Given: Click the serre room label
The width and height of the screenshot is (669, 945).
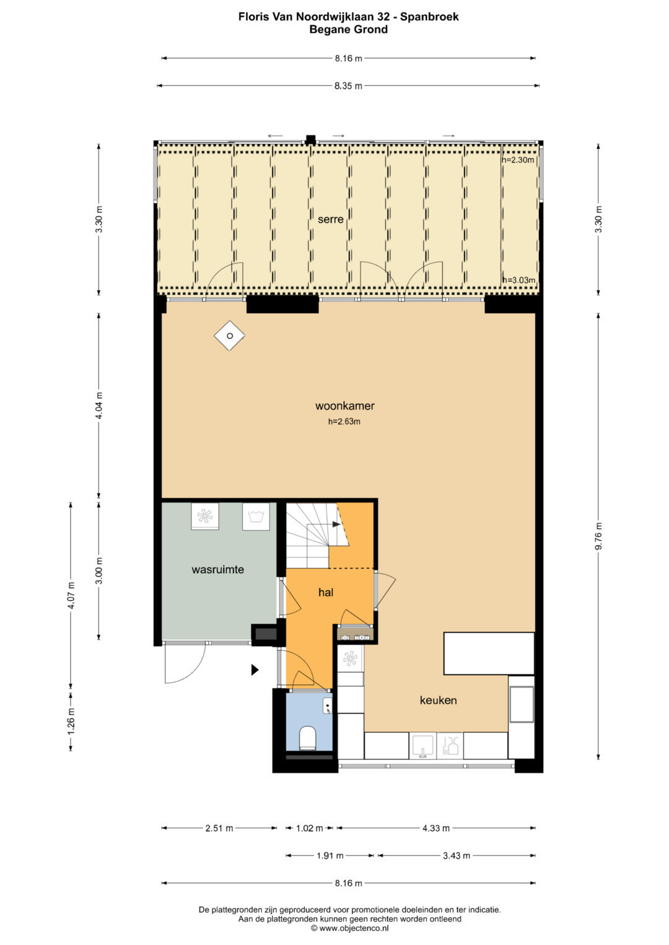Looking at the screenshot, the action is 330,219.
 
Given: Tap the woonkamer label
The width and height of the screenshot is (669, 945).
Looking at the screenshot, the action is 344,406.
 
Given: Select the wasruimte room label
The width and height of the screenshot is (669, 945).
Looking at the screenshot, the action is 217,569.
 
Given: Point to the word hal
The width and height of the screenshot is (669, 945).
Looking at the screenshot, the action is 326,592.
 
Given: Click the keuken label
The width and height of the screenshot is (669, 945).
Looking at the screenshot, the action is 438,701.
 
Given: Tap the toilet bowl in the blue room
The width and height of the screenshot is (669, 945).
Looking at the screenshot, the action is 307,738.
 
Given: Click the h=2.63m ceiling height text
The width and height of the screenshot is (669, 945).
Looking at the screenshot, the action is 344,421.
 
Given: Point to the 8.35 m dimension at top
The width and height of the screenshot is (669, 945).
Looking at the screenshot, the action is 348,86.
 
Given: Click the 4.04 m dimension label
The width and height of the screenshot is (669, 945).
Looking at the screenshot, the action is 99,405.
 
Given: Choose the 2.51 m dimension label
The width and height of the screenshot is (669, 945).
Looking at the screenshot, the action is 219,828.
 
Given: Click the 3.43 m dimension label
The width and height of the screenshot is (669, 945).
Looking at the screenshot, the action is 456,855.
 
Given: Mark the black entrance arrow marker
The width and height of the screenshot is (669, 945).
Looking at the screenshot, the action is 255,670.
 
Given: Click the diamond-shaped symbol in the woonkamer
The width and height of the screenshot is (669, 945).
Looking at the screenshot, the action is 229,336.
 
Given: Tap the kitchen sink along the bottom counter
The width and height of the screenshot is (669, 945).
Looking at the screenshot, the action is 422,746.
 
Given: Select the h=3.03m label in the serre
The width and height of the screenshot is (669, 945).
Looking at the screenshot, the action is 518,280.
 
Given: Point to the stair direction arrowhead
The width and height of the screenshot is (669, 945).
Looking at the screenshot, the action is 336,524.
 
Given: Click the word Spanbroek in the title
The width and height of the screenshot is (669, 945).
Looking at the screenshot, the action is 429,17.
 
